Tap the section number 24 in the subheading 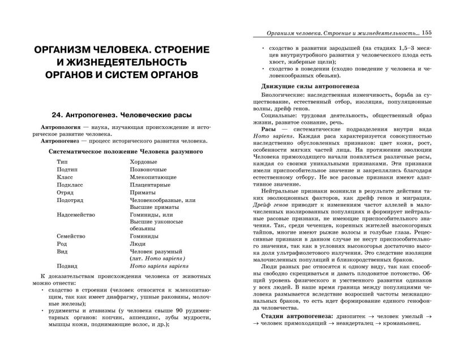point(55,112)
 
